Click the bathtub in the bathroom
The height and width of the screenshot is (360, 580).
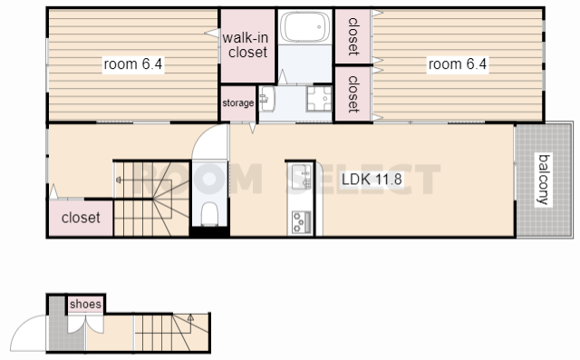(x=305, y=26)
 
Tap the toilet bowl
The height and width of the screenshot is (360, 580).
(x=209, y=213)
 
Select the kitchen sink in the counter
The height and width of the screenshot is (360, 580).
(x=302, y=177)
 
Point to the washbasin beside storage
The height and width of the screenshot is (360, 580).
(x=266, y=99)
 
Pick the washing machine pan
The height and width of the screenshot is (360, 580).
(x=319, y=99)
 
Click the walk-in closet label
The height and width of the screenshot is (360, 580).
(x=246, y=44)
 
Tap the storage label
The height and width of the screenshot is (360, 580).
(x=237, y=102)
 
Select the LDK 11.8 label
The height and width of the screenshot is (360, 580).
(x=372, y=180)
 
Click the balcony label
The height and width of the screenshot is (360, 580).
(x=544, y=180)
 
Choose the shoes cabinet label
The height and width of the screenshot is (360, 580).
(x=85, y=304)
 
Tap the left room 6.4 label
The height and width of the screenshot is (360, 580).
(x=133, y=64)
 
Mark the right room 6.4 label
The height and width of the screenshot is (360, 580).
(x=458, y=64)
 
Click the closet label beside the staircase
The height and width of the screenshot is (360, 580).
(x=81, y=218)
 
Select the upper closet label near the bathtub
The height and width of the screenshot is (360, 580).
(x=353, y=36)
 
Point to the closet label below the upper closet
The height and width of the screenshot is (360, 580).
(x=353, y=94)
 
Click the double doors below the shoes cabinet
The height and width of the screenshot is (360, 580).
(x=85, y=324)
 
